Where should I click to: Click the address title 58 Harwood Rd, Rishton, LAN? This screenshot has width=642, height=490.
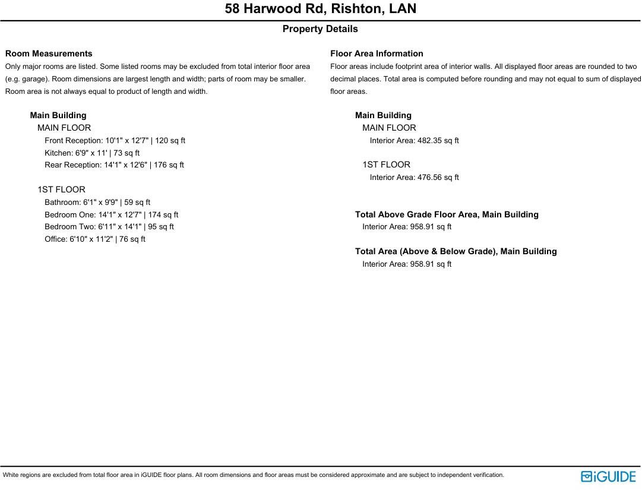point(320,9)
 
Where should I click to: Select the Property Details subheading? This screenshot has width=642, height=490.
point(320,29)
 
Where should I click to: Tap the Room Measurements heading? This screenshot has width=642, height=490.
point(49,53)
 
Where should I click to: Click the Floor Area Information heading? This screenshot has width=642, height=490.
point(377,53)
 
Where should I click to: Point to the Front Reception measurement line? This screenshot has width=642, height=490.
point(115,141)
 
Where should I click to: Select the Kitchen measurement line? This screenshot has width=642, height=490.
point(92,153)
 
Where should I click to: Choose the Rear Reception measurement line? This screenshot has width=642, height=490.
point(114,165)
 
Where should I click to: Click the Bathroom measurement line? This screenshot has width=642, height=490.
point(97,203)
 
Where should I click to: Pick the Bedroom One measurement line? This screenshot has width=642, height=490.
point(111,215)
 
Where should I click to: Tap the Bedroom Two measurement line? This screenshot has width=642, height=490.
point(109,227)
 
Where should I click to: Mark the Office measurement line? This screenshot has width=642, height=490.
point(95,239)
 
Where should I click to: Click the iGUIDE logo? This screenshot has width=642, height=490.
point(608,476)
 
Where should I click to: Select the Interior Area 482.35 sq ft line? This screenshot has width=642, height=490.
point(414,141)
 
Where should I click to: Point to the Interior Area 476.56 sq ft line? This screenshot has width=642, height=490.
point(414,178)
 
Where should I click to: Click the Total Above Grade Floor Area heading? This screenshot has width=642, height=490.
point(447,214)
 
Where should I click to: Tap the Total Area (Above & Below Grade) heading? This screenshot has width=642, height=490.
point(456,251)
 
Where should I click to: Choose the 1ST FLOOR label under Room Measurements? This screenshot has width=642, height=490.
point(61,189)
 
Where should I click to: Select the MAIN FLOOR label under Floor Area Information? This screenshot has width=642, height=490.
point(389,128)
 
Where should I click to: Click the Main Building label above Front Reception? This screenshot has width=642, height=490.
point(58,115)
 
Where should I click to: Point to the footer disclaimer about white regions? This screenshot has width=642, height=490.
point(254,475)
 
